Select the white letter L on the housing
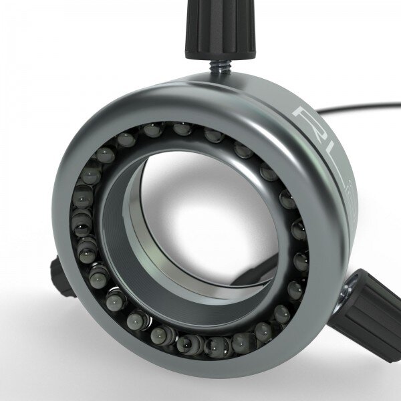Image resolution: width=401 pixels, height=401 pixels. pyautogui.click(x=328, y=164)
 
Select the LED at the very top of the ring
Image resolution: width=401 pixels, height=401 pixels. pyautogui.click(x=182, y=128)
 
